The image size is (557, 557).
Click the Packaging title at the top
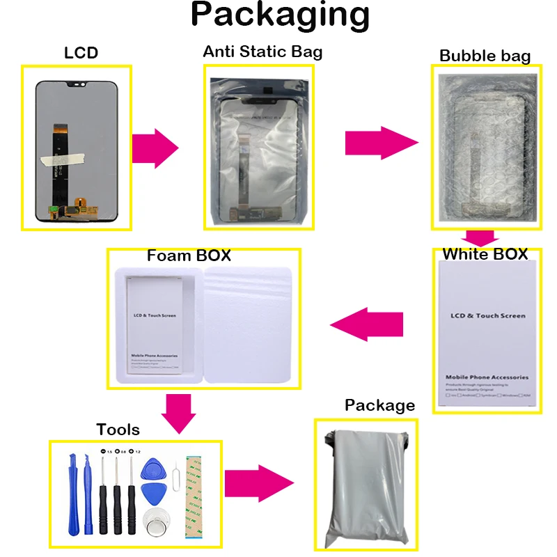coord(281,15)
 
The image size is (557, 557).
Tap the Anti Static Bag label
coord(262,52)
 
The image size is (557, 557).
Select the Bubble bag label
coord(485,56)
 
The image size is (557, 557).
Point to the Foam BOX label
coord(189,256)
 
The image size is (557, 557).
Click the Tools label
coord(118,430)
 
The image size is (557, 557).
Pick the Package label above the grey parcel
coord(379,405)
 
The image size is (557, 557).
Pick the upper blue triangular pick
coord(151,468)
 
